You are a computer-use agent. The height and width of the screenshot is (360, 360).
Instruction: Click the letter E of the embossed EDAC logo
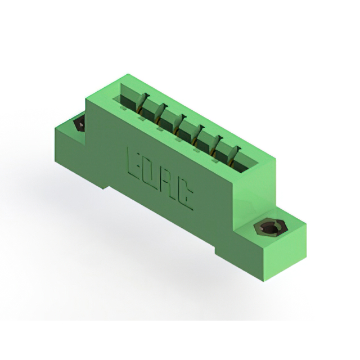[x=134, y=164]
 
